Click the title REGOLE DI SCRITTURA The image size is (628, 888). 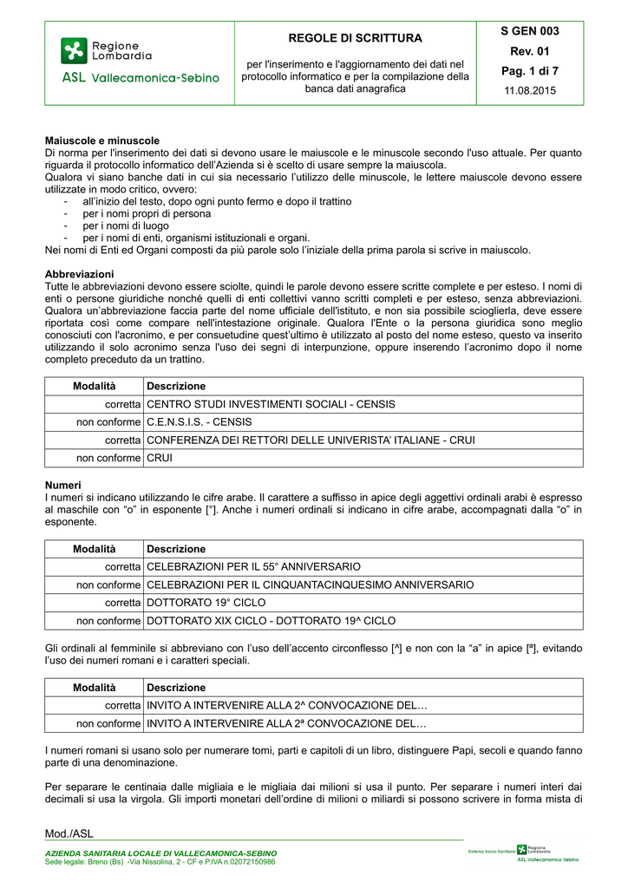click(x=356, y=38)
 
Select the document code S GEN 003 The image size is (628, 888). click(x=530, y=31)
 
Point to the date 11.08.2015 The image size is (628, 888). click(x=530, y=90)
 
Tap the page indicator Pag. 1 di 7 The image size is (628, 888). click(x=530, y=70)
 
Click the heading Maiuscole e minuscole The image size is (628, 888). click(x=102, y=140)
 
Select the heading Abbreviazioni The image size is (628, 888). click(x=79, y=274)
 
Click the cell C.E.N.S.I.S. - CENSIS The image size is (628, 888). click(x=200, y=421)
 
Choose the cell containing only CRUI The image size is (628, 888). click(x=160, y=458)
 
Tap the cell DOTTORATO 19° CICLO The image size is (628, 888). click(x=206, y=603)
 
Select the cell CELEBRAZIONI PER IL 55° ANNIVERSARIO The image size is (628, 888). click(x=254, y=566)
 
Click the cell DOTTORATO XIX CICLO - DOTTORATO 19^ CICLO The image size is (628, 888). click(x=271, y=621)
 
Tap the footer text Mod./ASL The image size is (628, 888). click(x=69, y=834)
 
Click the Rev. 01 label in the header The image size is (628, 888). click(x=530, y=50)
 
